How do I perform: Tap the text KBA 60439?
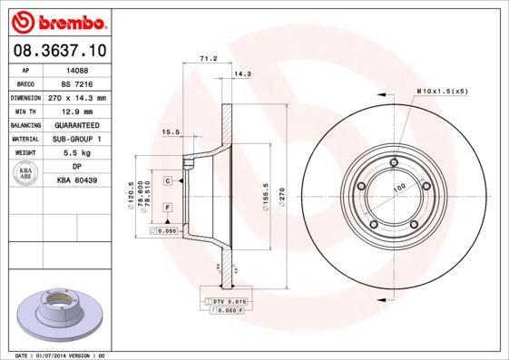click(76, 181)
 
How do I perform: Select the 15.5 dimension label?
click(170, 131)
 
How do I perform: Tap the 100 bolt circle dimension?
click(398, 189)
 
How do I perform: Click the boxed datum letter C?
click(168, 181)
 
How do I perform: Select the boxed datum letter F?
click(168, 208)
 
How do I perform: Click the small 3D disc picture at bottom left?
click(57, 314)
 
